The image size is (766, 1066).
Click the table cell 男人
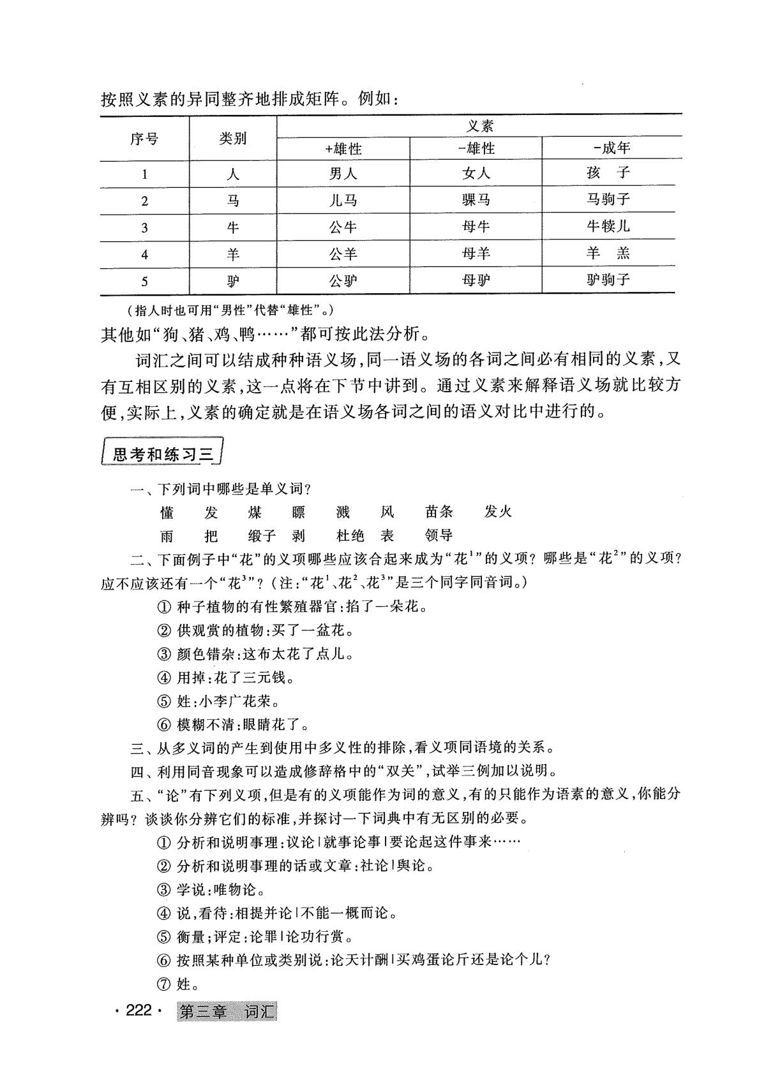click(x=343, y=174)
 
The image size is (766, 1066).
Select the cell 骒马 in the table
click(x=476, y=201)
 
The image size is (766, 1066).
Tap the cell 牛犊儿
click(x=608, y=227)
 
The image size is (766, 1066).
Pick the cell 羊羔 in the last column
click(x=608, y=254)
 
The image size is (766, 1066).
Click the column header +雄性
click(x=343, y=149)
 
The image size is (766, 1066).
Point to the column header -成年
click(x=612, y=149)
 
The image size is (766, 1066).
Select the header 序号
click(x=144, y=139)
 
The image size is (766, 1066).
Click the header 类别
click(x=233, y=139)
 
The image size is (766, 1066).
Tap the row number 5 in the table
click(x=145, y=281)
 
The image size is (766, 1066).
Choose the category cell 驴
click(x=233, y=281)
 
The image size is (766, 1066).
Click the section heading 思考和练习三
click(x=162, y=455)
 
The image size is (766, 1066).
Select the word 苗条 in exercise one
click(x=439, y=512)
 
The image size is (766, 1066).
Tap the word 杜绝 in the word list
click(x=350, y=535)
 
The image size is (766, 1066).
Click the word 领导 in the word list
click(x=439, y=535)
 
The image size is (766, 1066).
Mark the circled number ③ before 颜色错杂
click(x=164, y=654)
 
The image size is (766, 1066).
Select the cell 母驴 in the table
click(x=476, y=280)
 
